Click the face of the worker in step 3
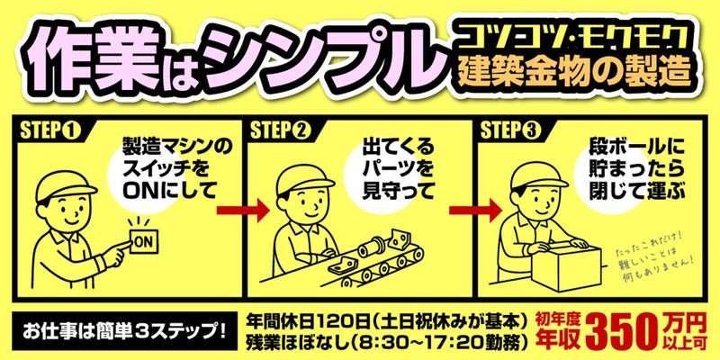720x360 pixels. (533, 203)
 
